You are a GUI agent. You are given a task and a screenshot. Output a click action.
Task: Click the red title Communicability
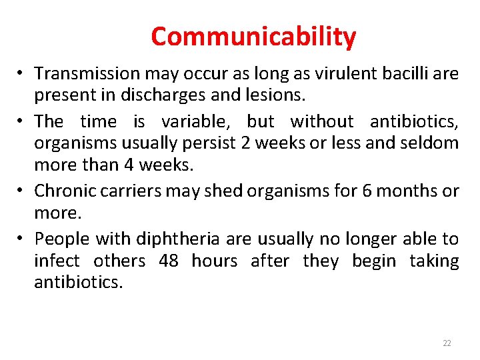click(253, 37)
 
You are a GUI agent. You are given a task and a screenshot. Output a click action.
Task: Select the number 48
click(169, 261)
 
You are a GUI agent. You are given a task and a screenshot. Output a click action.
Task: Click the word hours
click(214, 261)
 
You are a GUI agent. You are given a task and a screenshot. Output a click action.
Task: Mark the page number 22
click(447, 343)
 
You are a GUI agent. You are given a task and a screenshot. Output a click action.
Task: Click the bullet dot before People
click(22, 239)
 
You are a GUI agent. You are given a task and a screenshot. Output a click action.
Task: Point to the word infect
click(56, 261)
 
